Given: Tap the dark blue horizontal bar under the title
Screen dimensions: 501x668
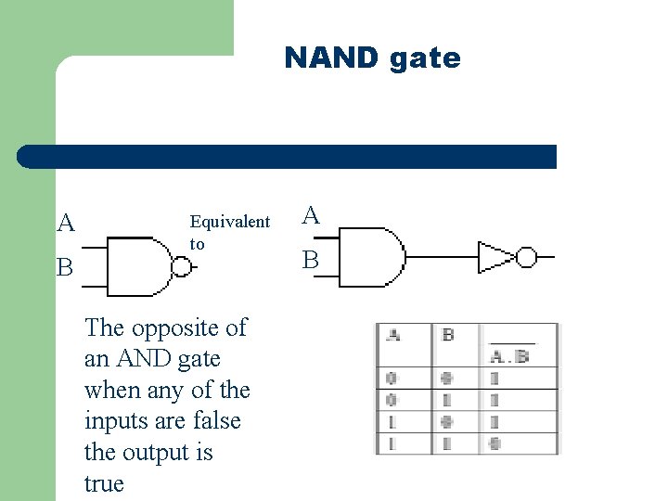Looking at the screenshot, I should (288, 157).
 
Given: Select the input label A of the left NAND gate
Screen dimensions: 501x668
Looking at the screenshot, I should (66, 224).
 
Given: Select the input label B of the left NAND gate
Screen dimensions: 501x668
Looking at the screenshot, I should (65, 268).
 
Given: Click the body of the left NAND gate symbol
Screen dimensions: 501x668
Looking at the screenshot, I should (137, 266).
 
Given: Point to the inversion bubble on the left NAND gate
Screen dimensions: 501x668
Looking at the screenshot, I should (182, 267).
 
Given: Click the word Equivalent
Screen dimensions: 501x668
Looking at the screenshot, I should (229, 222).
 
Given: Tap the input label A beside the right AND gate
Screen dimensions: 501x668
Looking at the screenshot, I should (311, 216).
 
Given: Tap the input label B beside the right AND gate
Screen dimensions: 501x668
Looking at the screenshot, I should (311, 262).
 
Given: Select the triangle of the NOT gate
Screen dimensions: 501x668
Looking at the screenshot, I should (494, 257).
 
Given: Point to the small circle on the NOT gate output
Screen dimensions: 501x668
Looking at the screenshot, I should (526, 257).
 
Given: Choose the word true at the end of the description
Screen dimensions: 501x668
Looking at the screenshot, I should (104, 483).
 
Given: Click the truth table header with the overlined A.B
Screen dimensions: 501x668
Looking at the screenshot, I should (510, 352).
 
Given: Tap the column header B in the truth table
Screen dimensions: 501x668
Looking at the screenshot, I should (448, 335).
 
